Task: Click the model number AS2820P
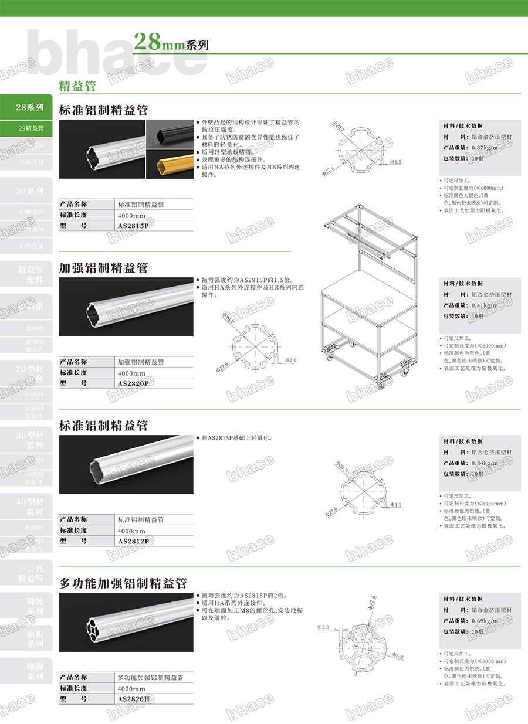[x=133, y=383]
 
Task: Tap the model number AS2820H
[x=134, y=699]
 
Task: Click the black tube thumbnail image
[x=170, y=134]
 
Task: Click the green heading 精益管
[x=77, y=86]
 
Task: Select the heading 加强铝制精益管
[x=104, y=268]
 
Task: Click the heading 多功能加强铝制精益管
[x=123, y=583]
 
